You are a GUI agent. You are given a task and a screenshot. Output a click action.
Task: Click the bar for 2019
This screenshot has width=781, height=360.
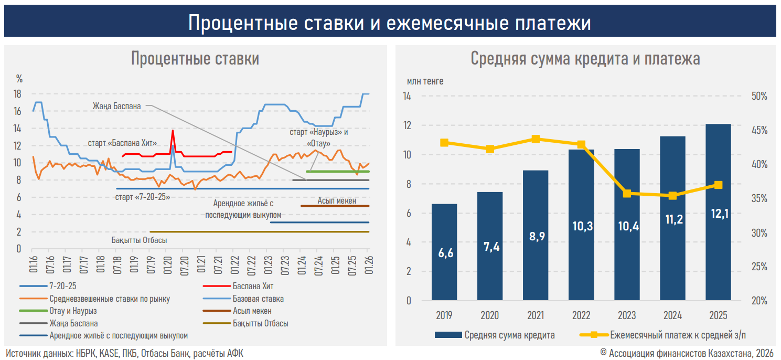tap(444, 252)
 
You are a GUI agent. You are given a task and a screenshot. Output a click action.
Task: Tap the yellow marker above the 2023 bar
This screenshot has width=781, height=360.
tap(627, 194)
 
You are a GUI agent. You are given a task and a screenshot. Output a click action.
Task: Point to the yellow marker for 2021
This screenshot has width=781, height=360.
tap(536, 139)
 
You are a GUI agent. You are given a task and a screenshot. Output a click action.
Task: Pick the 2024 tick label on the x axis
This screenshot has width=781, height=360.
tap(672, 315)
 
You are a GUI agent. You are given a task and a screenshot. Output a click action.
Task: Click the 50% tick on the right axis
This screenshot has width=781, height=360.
tap(758, 97)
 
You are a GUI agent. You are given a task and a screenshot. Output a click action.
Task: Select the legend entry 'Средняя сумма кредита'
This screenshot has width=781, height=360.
tap(509, 335)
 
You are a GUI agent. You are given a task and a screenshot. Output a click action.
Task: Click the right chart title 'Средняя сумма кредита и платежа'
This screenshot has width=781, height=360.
tap(585, 59)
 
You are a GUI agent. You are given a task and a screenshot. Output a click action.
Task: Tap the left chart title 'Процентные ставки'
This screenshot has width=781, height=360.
tap(195, 59)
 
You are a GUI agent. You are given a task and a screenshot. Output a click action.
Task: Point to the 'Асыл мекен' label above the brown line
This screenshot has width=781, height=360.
tap(337, 200)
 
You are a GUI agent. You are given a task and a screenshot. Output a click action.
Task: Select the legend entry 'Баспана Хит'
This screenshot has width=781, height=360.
tap(253, 287)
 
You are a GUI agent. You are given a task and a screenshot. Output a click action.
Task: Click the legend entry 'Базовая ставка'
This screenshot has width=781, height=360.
tap(258, 299)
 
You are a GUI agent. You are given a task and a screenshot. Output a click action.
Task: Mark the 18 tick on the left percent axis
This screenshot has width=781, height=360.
tap(17, 94)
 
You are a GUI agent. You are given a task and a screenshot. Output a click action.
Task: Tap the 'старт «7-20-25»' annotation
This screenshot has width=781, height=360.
tap(142, 197)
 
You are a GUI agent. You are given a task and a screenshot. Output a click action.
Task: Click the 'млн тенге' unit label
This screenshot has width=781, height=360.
tap(425, 81)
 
